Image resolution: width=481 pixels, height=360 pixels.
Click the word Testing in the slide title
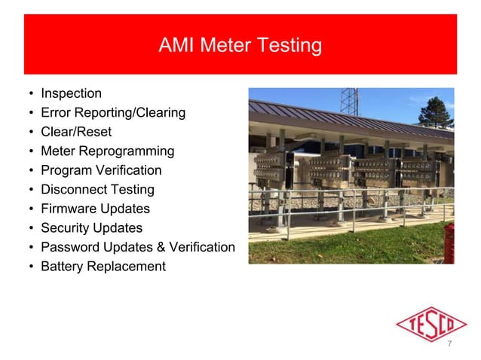290,46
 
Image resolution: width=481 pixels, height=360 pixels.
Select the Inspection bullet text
71,94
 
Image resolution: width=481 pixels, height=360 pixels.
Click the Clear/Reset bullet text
75,132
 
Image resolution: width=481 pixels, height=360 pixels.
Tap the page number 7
450,344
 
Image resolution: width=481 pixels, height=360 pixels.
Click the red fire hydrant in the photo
449,243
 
